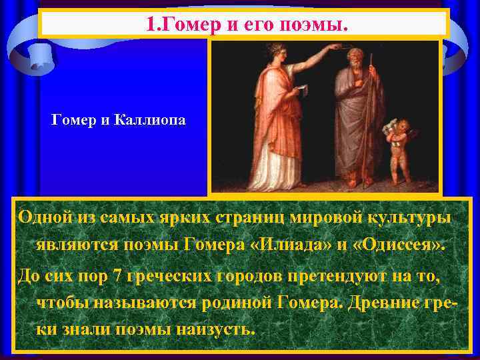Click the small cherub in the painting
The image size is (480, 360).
click(401, 150)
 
